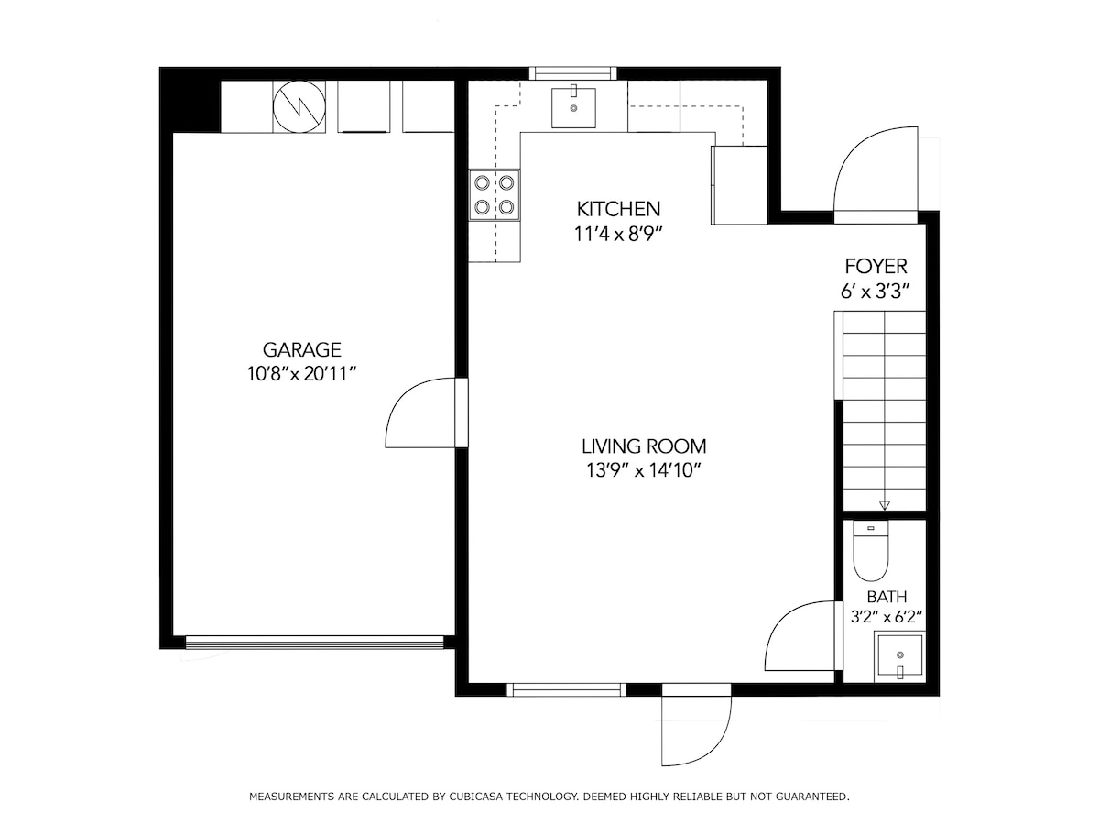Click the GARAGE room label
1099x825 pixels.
[301, 349]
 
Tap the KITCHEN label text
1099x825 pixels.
[618, 209]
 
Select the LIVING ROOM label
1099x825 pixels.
[644, 445]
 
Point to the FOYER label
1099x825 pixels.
[876, 267]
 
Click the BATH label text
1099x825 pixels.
[887, 597]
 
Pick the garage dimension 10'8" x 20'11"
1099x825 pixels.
[301, 374]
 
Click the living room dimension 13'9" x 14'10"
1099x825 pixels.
[644, 470]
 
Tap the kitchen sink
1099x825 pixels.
[573, 107]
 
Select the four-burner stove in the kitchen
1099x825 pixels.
[495, 195]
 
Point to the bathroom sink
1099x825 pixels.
[899, 656]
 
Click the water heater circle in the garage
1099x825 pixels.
[299, 106]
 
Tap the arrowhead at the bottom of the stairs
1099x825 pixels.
[884, 505]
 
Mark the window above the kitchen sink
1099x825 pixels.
[573, 73]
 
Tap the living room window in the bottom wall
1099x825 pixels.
[566, 689]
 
